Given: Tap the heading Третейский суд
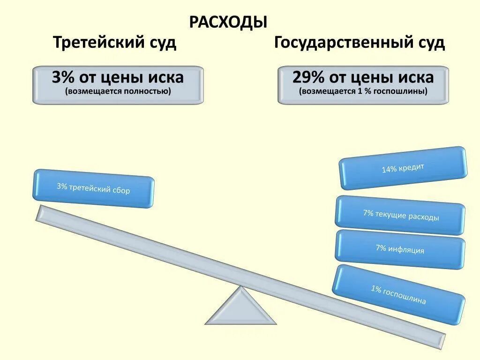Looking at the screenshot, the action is [115, 43].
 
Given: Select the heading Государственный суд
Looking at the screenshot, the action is [360, 43].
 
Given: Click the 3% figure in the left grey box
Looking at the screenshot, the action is [63, 77].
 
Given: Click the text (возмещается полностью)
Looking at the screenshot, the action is [118, 91].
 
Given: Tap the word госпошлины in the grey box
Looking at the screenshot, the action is [405, 91].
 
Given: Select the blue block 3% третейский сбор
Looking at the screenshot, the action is [93, 188].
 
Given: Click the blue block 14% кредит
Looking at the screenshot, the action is [403, 168].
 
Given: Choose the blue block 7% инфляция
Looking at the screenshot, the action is [400, 249].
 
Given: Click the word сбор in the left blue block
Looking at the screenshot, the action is [121, 191].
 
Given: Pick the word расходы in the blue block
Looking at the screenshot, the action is [423, 217].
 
